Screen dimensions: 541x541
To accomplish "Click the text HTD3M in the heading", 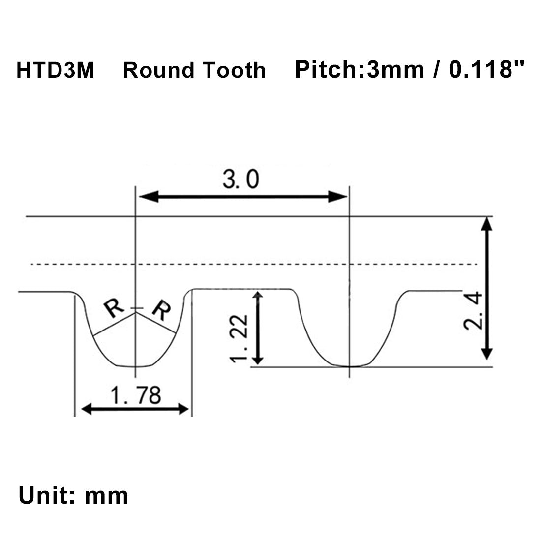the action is [55, 70].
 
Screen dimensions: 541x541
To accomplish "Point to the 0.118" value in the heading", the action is [486, 69].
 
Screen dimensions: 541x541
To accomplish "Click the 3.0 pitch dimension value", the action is [240, 180].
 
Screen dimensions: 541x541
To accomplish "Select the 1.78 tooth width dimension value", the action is [136, 395].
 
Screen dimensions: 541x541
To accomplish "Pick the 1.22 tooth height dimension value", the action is [239, 338].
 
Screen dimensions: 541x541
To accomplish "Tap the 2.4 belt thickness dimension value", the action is [473, 310].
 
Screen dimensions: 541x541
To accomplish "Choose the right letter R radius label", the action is [161, 310].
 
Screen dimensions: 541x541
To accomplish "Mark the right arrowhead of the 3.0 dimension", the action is [337, 197].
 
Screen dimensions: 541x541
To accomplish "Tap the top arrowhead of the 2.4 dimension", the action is [486, 224].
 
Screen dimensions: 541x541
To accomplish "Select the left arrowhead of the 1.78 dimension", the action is [87, 409].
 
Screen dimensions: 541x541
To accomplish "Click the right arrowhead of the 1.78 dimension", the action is [183, 409].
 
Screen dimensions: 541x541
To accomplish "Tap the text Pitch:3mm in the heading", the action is [359, 69].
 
